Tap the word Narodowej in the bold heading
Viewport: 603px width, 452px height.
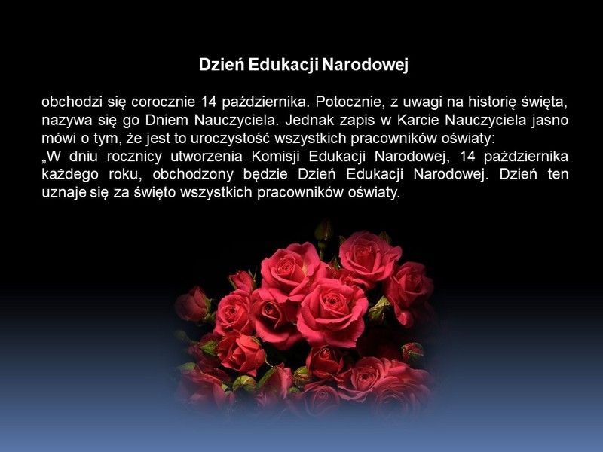pos(365,66)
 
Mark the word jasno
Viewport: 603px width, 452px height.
pos(550,121)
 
